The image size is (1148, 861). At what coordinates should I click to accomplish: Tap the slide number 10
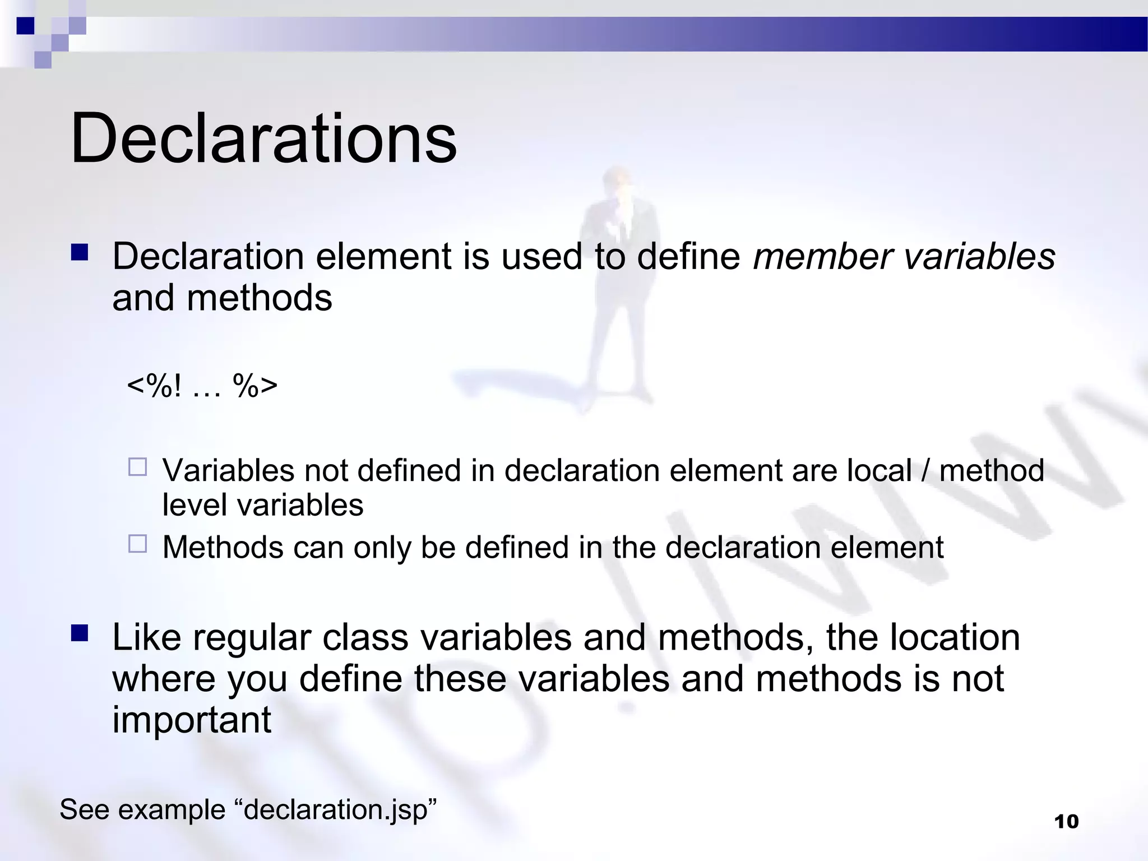(1066, 822)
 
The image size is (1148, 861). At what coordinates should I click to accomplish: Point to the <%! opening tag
(154, 386)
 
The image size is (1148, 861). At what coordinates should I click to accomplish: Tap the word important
(192, 720)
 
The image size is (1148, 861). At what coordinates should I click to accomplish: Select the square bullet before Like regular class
(80, 633)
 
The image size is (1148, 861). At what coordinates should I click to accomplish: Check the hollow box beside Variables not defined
(137, 467)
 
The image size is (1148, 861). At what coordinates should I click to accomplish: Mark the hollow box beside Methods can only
(137, 544)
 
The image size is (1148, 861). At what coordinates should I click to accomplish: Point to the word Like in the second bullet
(147, 638)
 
